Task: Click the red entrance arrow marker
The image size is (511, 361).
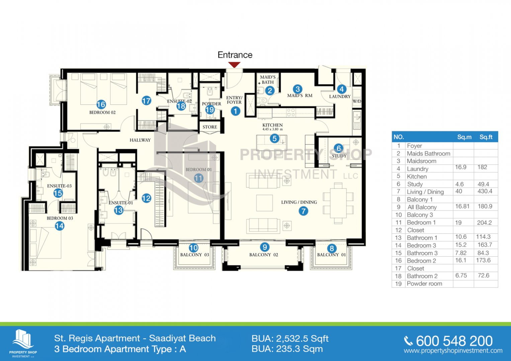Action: tap(234, 65)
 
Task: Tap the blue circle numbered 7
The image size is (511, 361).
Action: tap(303, 211)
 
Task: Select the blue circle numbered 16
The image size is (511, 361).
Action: tap(101, 104)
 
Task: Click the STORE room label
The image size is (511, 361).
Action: tap(209, 127)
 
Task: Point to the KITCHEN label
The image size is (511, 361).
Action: tap(272, 125)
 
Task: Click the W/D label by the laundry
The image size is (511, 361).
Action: tap(357, 101)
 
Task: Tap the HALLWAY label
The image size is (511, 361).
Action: tap(140, 140)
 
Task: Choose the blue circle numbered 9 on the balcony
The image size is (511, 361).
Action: tap(265, 247)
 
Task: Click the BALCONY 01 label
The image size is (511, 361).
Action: tap(332, 255)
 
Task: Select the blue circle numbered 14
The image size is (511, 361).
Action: tap(60, 226)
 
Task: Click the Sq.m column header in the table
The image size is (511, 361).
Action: tap(464, 137)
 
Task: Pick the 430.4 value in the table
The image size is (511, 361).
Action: tap(485, 191)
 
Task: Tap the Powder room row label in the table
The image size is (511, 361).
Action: tap(424, 284)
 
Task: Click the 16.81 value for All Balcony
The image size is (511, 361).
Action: tap(462, 207)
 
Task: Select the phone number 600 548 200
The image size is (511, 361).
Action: tap(454, 341)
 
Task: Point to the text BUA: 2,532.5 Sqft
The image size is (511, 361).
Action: tap(290, 339)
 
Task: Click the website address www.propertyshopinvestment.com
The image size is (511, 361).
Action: tap(453, 351)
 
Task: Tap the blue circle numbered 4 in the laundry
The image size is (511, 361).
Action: tap(341, 89)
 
